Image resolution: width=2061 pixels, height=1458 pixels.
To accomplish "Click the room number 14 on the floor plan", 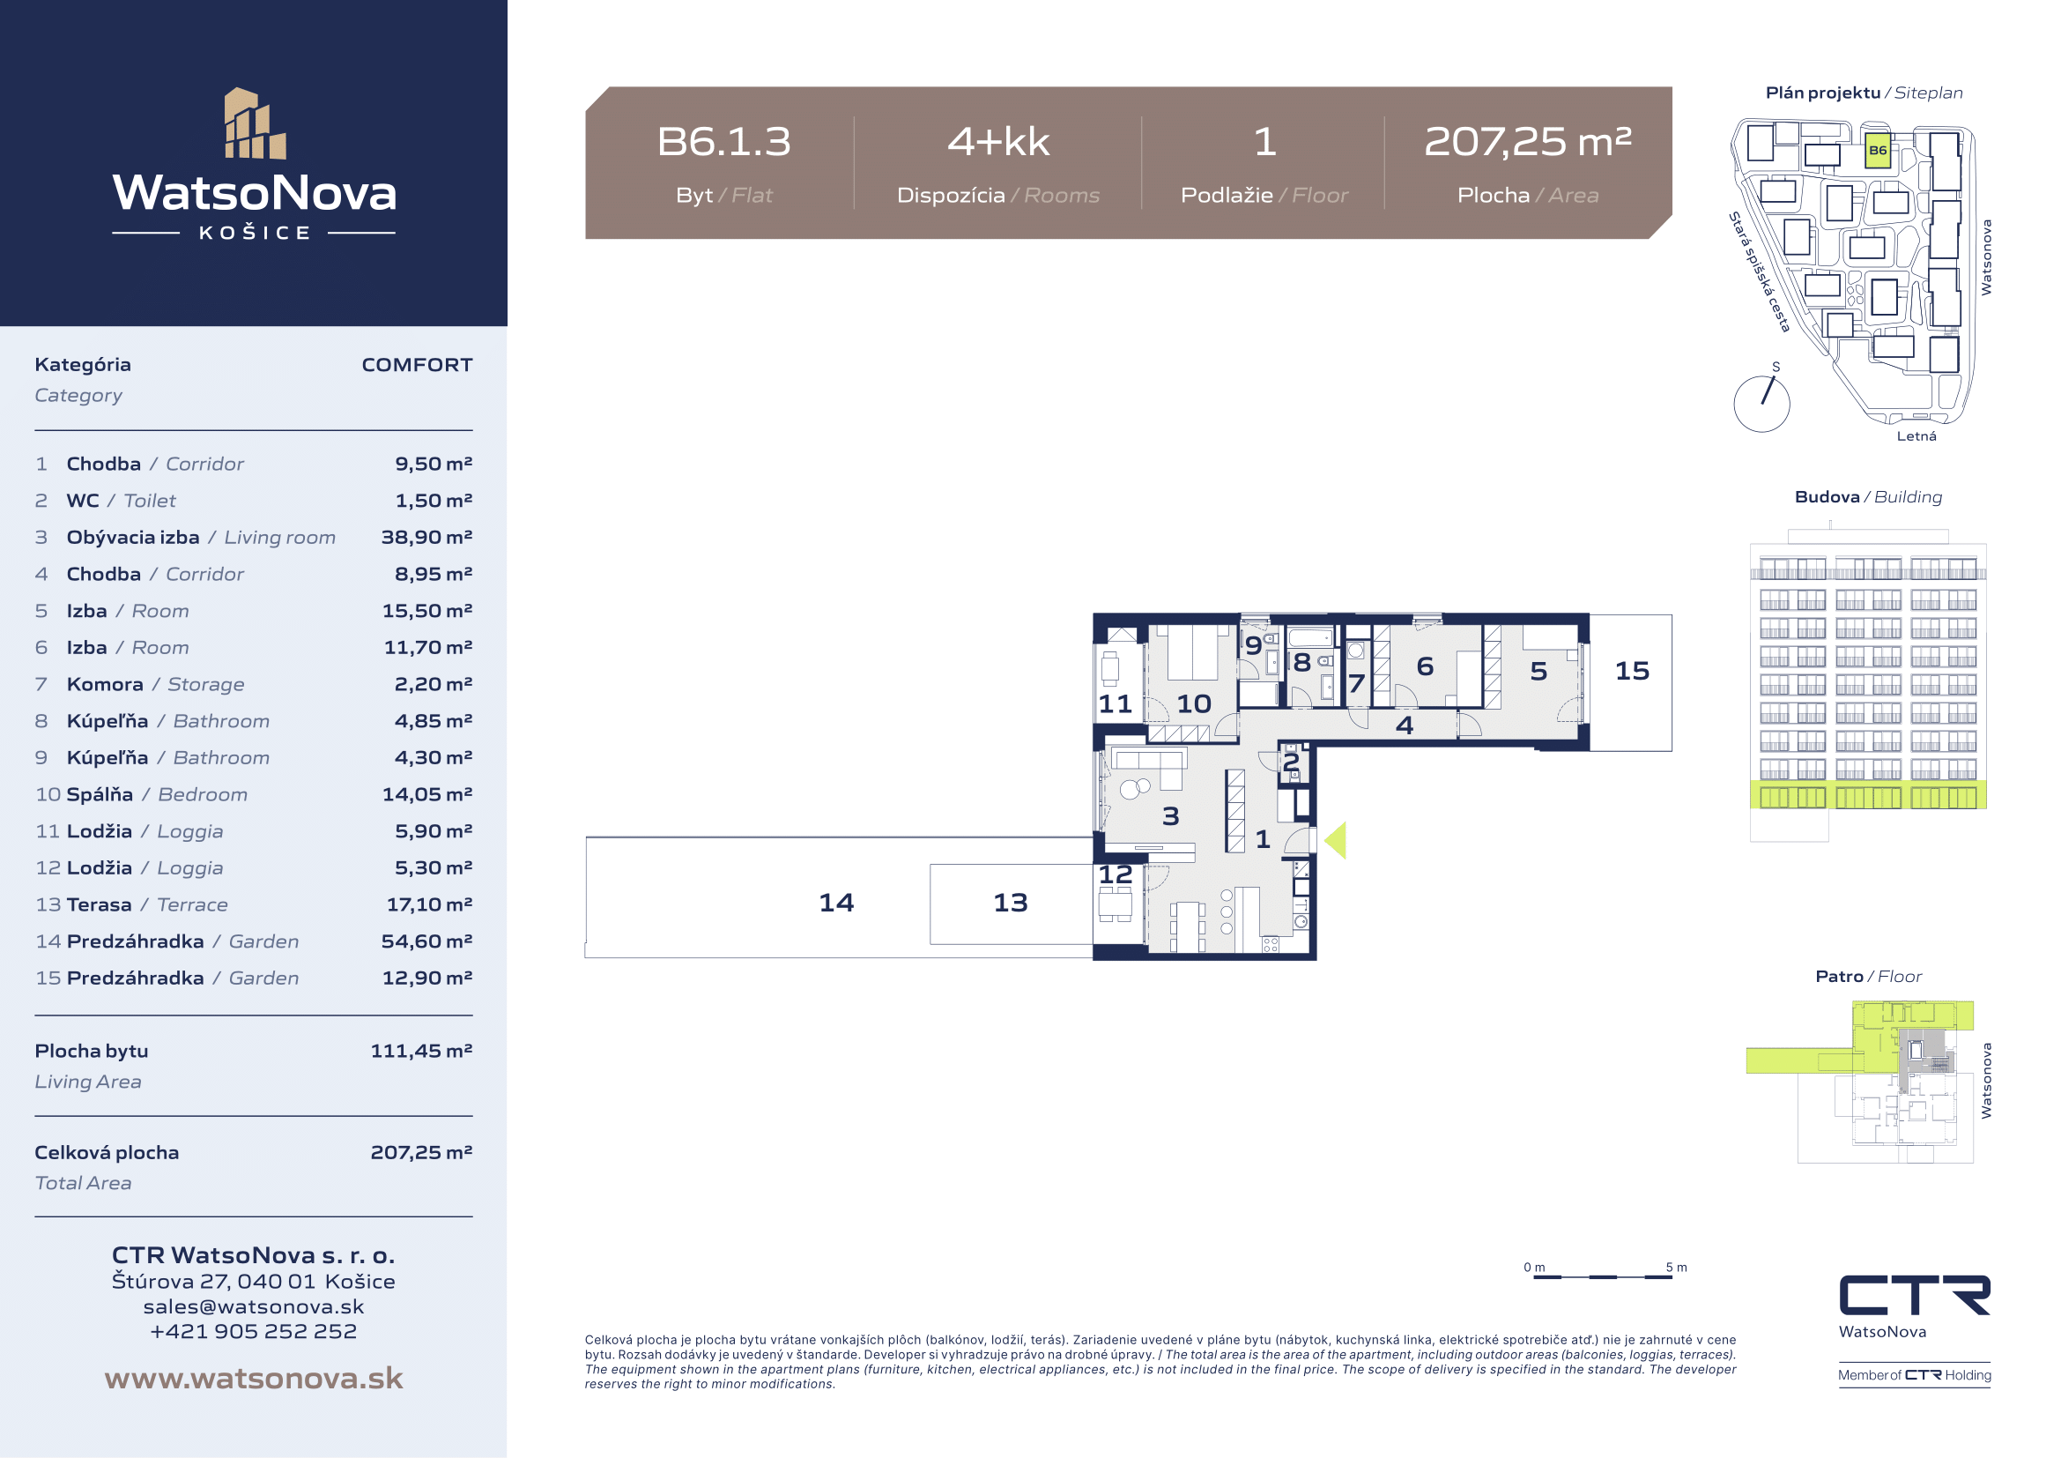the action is (835, 903).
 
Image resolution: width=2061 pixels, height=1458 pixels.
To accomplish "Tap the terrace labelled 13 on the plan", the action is (1010, 903).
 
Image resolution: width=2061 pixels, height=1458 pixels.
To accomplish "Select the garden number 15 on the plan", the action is (1632, 671).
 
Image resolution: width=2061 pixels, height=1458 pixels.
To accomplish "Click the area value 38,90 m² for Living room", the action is (426, 537).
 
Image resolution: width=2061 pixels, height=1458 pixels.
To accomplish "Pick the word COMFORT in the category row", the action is (417, 365).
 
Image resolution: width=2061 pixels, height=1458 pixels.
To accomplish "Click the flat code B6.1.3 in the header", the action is (723, 141).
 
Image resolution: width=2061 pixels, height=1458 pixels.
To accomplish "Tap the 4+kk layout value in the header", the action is (998, 141).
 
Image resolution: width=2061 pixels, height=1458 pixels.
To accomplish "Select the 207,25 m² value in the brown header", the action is (1528, 141).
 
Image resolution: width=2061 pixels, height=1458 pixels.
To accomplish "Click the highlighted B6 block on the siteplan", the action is (1878, 151).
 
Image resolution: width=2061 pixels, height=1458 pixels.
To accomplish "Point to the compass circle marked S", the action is (1761, 404).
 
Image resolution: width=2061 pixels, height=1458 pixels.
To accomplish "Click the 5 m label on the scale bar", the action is (1676, 1268).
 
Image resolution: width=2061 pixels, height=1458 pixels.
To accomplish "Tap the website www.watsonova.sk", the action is (253, 1378).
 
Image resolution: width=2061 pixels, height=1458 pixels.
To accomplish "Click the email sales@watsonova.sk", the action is (253, 1306).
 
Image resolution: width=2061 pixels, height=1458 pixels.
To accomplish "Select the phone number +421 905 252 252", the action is (253, 1331).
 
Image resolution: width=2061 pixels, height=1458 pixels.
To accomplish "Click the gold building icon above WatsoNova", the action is (255, 123).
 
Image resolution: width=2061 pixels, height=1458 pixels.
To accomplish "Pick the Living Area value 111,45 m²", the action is (422, 1051).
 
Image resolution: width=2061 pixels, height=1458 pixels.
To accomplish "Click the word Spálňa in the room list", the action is (100, 794).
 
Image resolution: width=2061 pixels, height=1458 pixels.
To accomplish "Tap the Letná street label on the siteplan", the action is (1916, 436).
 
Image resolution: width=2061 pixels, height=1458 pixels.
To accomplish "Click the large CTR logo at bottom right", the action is (1915, 1295).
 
